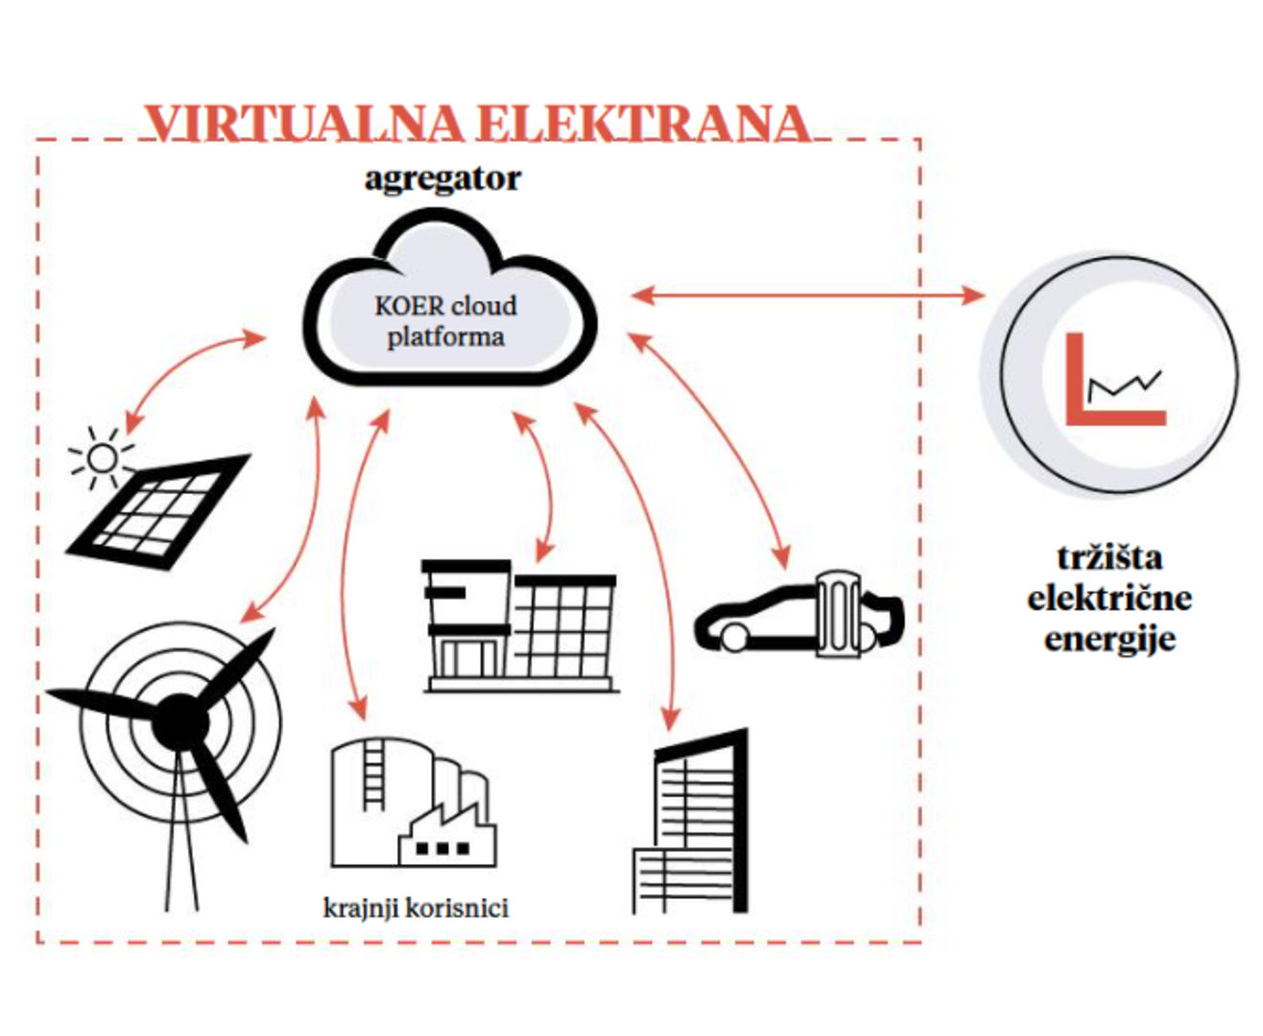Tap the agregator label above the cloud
click(442, 178)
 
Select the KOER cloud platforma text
click(445, 321)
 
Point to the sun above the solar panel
click(101, 459)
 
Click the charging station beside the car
click(838, 614)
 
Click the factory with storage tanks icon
click(413, 806)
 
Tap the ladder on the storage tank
click(372, 779)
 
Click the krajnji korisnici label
click(416, 907)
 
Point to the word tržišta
click(1109, 557)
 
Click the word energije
click(1109, 640)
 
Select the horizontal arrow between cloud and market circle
click(806, 295)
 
